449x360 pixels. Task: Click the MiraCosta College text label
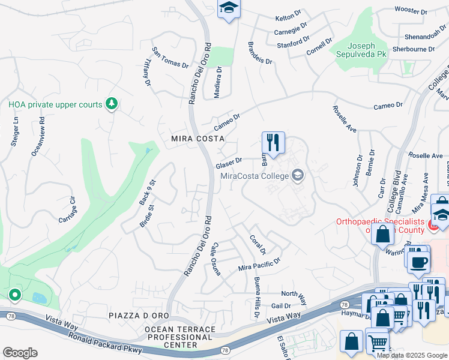[x=255, y=176]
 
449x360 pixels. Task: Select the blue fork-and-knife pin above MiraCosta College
[x=273, y=143]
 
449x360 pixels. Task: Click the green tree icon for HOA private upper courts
[x=111, y=104]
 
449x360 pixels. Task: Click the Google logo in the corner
[x=20, y=352]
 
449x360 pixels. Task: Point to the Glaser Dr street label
[x=229, y=163]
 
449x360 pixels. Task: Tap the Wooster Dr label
[x=411, y=11]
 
